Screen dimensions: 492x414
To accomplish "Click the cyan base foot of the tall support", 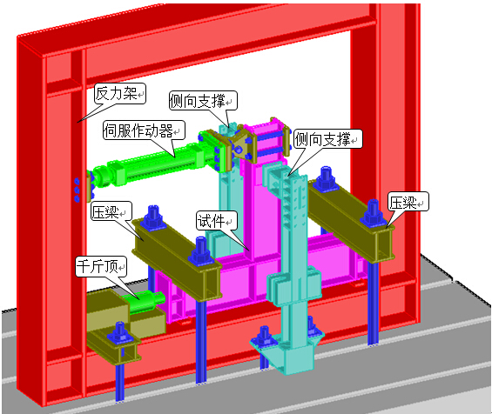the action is (x=287, y=352).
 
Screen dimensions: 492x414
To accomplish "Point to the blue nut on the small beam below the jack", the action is (x=120, y=333).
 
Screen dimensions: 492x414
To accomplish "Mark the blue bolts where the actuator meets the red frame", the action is (x=77, y=190).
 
